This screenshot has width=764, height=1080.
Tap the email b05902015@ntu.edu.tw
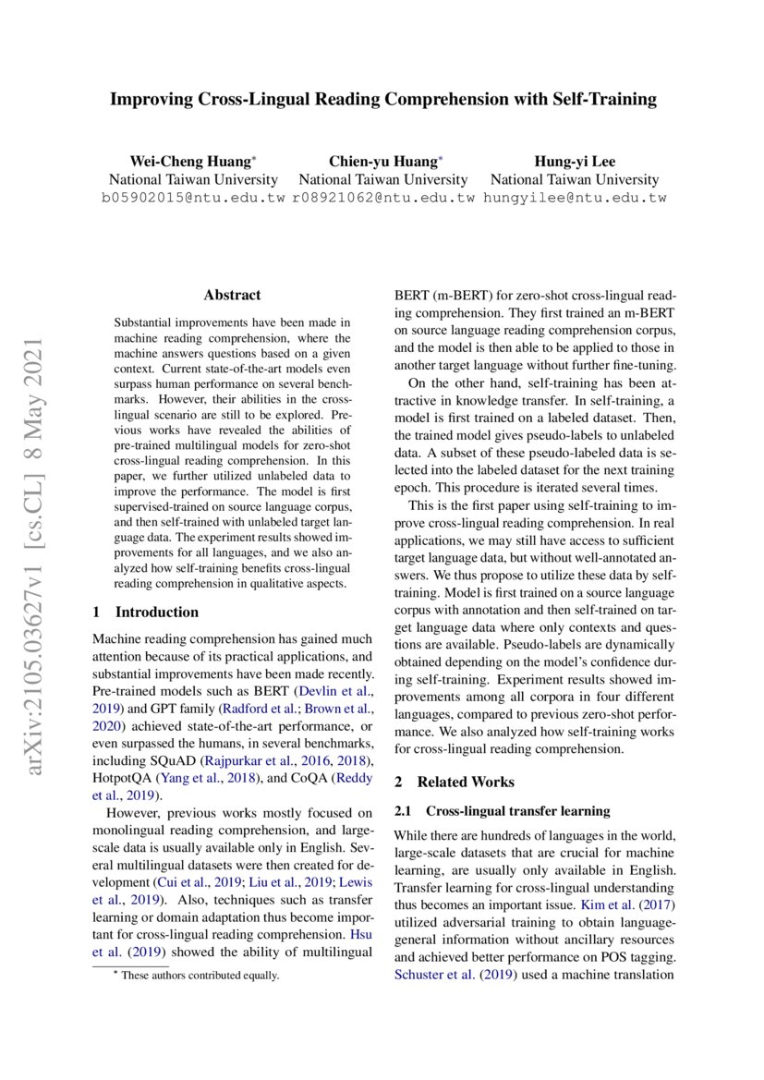[x=193, y=198]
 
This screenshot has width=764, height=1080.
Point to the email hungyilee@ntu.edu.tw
[x=575, y=198]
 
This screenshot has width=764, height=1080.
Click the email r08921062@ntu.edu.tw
[x=383, y=198]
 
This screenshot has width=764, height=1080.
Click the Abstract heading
[x=232, y=296]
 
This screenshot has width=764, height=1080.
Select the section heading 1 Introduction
[x=146, y=612]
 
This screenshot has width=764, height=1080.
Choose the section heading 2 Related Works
[x=455, y=782]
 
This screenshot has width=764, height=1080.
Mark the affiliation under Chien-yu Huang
[x=383, y=179]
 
